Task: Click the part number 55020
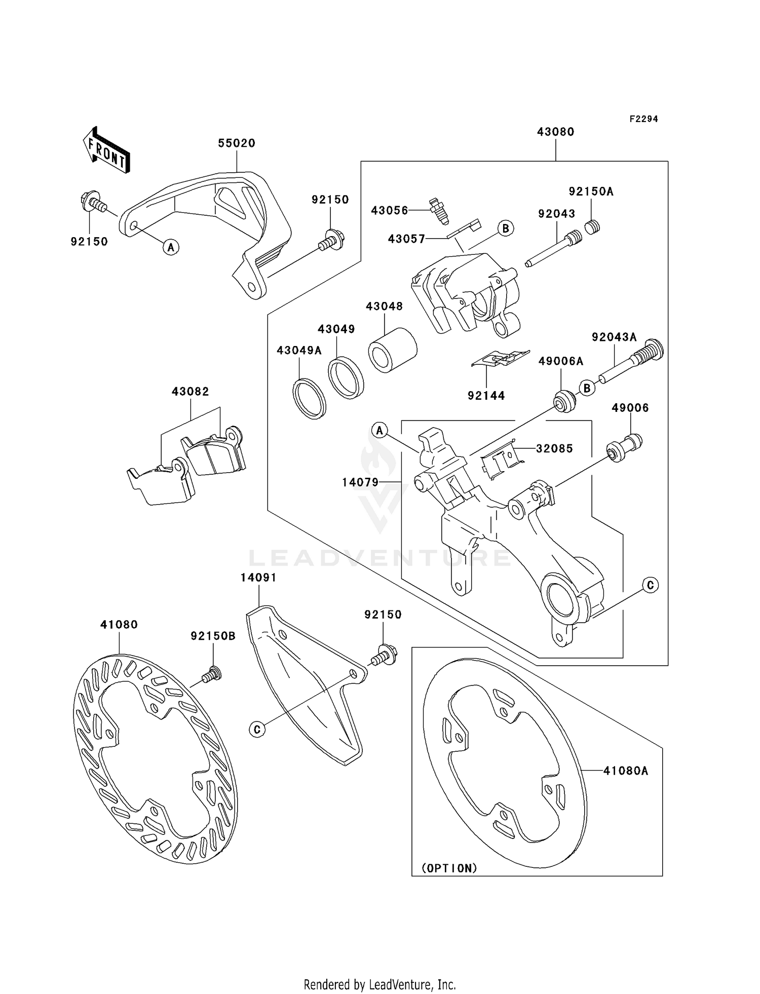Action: (237, 143)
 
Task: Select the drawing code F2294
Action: (643, 119)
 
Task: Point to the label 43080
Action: (555, 132)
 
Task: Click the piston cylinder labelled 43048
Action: (392, 350)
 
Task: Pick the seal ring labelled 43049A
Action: (309, 399)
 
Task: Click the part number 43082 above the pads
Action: (190, 392)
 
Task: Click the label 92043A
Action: (614, 337)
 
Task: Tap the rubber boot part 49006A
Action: (564, 402)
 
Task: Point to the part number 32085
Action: (554, 448)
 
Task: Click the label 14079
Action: (360, 482)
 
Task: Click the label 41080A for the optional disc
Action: (626, 771)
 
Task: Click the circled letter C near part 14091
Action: (257, 730)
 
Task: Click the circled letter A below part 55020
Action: (171, 247)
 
